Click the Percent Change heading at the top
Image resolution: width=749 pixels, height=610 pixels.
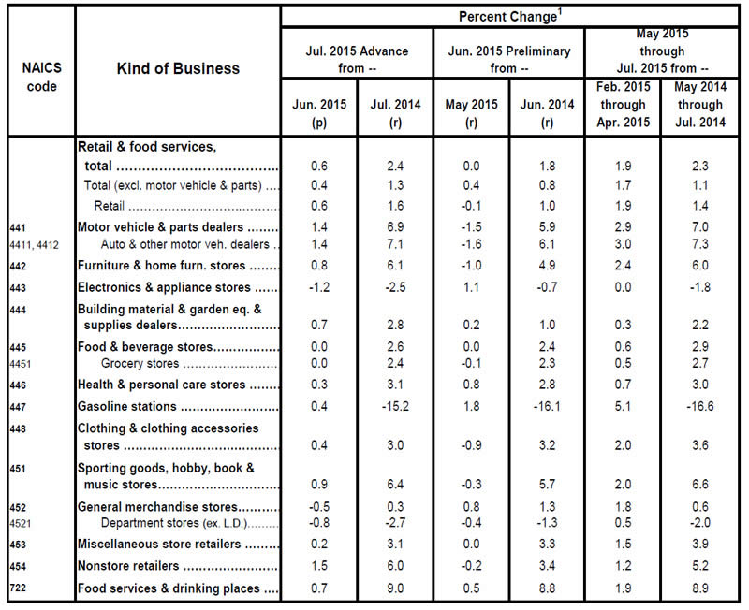509,17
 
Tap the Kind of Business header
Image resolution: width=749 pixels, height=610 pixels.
178,68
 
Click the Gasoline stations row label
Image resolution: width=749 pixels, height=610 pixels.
127,407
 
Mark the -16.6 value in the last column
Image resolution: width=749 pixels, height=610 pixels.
695,407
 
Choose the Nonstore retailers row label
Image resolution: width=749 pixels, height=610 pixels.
130,567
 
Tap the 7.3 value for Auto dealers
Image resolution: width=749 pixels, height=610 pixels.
695,245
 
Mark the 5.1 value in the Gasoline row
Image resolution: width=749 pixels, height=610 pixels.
622,407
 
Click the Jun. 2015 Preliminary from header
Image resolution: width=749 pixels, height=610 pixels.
509,59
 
